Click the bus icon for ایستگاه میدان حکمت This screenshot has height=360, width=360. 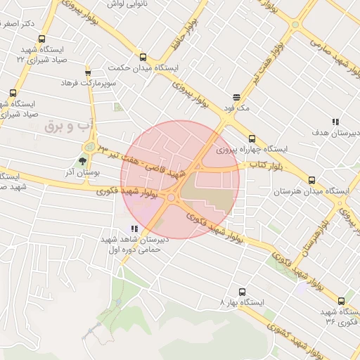coord(143,58)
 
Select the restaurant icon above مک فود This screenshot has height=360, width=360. coord(236,98)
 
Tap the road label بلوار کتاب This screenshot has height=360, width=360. coord(259,165)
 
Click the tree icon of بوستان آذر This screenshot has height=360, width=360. coord(83,161)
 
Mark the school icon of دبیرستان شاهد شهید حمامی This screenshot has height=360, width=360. coord(134,229)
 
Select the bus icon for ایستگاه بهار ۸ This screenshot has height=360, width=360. coord(242,291)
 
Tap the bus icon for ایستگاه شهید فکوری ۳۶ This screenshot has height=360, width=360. coord(341,301)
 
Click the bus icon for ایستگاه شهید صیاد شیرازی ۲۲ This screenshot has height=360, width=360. coord(41,39)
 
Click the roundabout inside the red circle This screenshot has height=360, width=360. coord(171,198)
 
